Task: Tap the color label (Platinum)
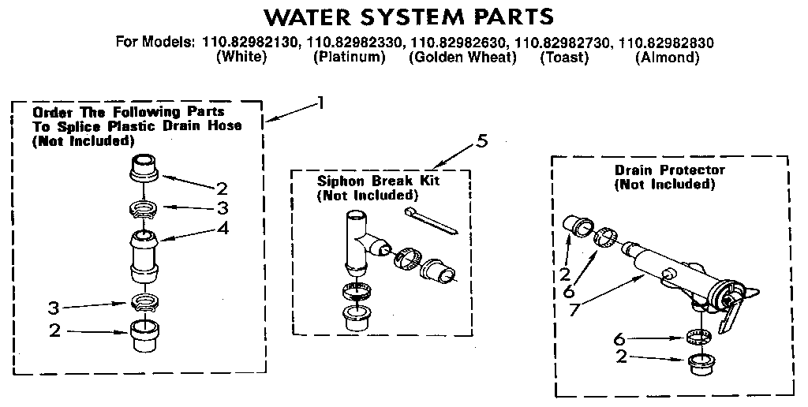pyautogui.click(x=349, y=58)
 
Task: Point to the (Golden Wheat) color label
pyautogui.click(x=462, y=58)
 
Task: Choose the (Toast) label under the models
pyautogui.click(x=564, y=58)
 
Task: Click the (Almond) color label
pyautogui.click(x=668, y=58)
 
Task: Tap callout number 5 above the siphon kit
pyautogui.click(x=482, y=141)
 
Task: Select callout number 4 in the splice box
pyautogui.click(x=223, y=230)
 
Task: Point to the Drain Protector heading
pyautogui.click(x=669, y=170)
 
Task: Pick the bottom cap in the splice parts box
pyautogui.click(x=144, y=338)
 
